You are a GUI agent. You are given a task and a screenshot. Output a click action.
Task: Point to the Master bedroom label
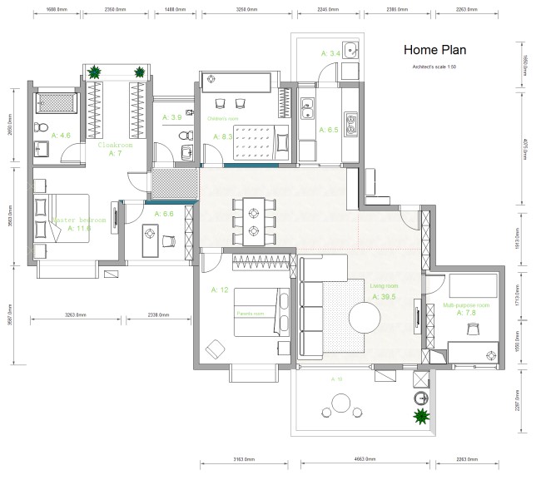pos(79,220)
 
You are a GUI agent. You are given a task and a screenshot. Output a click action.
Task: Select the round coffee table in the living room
pos(365,317)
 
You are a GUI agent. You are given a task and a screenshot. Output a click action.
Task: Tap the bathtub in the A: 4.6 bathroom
pos(54,104)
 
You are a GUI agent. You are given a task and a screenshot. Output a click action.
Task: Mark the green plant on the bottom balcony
pos(421,413)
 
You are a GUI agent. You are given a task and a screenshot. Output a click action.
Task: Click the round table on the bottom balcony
pos(340,404)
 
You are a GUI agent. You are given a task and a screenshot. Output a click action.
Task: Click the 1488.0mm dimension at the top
pos(175,9)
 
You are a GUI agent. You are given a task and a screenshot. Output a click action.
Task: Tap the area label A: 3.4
pos(330,53)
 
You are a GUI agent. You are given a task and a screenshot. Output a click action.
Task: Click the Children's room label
pos(223,118)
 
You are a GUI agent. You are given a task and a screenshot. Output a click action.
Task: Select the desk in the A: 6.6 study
pos(151,241)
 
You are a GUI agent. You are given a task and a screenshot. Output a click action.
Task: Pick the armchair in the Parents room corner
pos(215,349)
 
